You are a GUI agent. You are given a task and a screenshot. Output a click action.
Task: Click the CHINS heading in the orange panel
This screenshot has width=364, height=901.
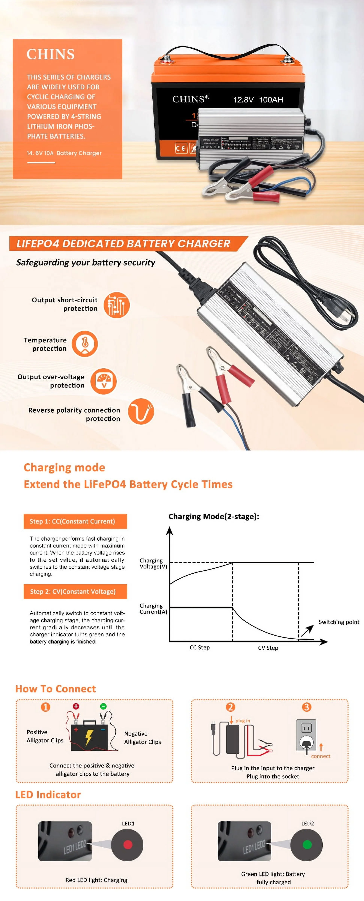(51, 54)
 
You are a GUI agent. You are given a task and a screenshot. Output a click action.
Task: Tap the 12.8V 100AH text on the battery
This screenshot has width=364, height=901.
(258, 100)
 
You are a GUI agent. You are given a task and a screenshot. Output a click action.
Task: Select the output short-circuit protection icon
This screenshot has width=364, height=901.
(117, 305)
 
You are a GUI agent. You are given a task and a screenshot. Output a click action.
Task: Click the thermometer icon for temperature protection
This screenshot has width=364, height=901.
(85, 344)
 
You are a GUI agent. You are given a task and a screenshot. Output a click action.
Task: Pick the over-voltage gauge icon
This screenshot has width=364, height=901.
(104, 381)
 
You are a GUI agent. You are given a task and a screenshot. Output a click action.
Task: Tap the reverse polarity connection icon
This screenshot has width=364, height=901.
(141, 411)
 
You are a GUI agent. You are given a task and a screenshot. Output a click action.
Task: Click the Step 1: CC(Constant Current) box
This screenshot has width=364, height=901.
(75, 521)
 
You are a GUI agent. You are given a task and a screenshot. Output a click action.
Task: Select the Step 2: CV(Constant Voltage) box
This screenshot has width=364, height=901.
(75, 591)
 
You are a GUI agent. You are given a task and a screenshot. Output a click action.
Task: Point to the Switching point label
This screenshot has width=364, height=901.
(338, 622)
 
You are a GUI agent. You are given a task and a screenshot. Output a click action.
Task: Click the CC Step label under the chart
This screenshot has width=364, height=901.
(200, 647)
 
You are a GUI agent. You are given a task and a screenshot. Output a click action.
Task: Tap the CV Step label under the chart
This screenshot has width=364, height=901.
(268, 648)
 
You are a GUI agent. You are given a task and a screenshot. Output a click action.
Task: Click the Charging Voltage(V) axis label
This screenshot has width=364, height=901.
(153, 564)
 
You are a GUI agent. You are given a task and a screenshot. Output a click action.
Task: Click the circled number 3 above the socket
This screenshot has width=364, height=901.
(306, 707)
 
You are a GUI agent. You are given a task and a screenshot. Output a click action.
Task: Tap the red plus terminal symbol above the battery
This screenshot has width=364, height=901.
(76, 706)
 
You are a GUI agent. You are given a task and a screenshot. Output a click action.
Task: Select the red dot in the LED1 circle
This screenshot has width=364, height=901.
(128, 845)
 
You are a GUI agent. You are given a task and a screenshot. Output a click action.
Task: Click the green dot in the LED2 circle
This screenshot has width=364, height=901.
(307, 845)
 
